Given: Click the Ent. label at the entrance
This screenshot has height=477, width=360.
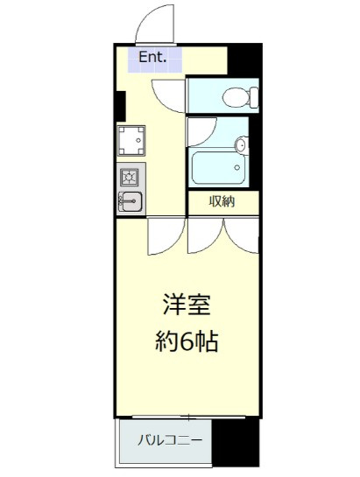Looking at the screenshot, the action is click(152, 57).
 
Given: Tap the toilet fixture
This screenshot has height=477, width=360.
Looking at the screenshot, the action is click(240, 97).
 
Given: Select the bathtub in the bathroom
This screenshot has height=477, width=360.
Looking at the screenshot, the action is click(218, 168).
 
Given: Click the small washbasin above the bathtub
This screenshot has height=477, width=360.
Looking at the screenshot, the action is click(242, 144).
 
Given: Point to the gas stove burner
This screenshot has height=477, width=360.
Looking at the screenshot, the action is click(129, 177).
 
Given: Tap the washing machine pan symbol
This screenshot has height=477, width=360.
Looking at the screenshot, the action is click(131, 141).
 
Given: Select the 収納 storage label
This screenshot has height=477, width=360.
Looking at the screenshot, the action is click(222, 201).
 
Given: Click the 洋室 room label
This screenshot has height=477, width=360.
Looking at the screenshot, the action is click(187, 305).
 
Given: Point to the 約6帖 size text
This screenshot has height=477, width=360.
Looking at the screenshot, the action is click(187, 341).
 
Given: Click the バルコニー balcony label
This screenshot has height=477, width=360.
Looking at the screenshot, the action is click(170, 440).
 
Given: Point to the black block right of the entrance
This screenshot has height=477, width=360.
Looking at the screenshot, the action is click(245, 60).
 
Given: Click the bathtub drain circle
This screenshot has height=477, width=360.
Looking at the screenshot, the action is click(237, 167).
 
